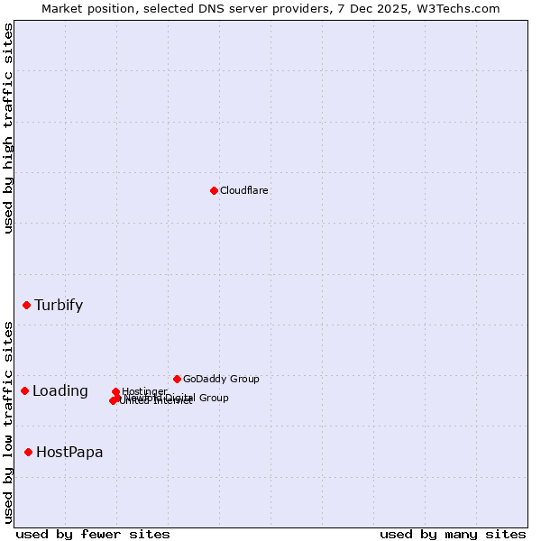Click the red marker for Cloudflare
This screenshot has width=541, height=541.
[214, 190]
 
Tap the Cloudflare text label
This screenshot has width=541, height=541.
[244, 190]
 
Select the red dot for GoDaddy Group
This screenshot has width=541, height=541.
[177, 379]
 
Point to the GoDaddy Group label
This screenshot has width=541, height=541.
[221, 379]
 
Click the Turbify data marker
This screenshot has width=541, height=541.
[27, 305]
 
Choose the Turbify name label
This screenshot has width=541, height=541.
[59, 305]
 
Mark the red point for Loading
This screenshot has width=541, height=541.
[25, 390]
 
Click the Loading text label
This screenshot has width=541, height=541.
[60, 390]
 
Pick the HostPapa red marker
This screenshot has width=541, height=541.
[29, 452]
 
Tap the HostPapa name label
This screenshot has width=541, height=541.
[69, 452]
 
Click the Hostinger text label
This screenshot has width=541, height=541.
[145, 391]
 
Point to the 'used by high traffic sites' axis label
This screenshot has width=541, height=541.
[8, 128]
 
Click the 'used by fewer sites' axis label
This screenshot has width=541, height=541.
[93, 534]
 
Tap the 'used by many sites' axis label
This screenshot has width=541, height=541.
[453, 534]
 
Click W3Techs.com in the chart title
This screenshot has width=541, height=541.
[467, 8]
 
